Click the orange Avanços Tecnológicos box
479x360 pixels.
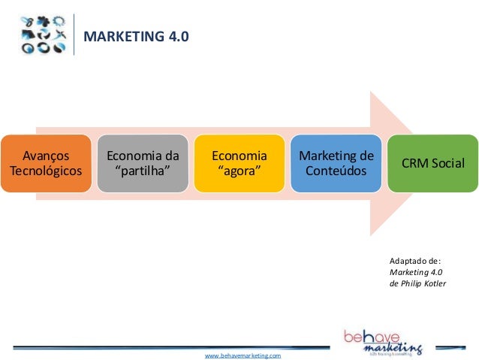pos(45,164)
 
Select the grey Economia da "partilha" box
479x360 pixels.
pos(142,164)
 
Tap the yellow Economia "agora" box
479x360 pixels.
pos(239,164)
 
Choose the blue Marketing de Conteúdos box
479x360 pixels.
pos(336,164)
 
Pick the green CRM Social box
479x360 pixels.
pos(433,164)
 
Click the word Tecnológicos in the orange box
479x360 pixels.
pos(45,171)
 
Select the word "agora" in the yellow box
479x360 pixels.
pos(239,171)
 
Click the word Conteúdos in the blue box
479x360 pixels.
pos(336,171)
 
